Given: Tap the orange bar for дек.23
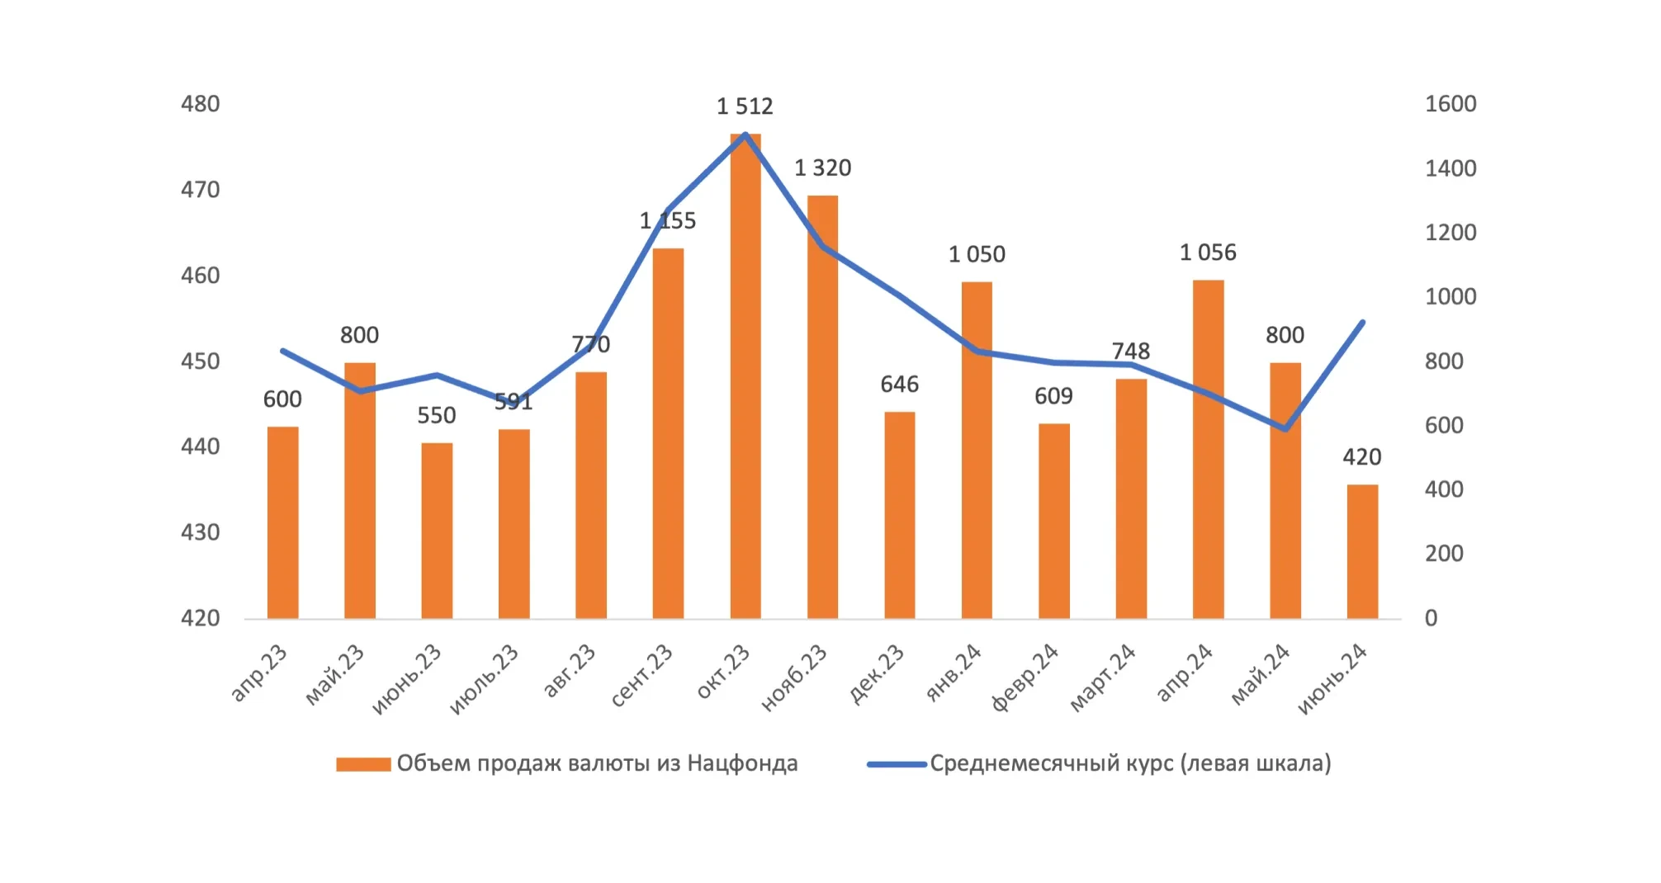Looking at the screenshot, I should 900,515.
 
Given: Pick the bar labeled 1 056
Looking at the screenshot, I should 1208,450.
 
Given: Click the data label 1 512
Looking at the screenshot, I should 745,106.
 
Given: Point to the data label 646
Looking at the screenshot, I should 899,385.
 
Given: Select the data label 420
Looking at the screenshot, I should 1361,457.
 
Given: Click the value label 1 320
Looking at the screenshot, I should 822,168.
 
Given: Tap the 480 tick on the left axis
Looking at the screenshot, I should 201,104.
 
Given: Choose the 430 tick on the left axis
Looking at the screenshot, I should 201,532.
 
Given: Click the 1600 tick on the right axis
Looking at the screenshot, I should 1450,104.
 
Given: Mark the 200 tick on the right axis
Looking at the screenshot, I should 1443,554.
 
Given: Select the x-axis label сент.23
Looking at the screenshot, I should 643,676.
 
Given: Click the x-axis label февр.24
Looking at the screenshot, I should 1025,678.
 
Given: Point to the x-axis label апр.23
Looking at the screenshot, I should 259,673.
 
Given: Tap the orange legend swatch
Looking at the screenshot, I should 363,764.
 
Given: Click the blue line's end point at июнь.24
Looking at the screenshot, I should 1362,323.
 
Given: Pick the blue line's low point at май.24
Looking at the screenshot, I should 1285,429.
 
